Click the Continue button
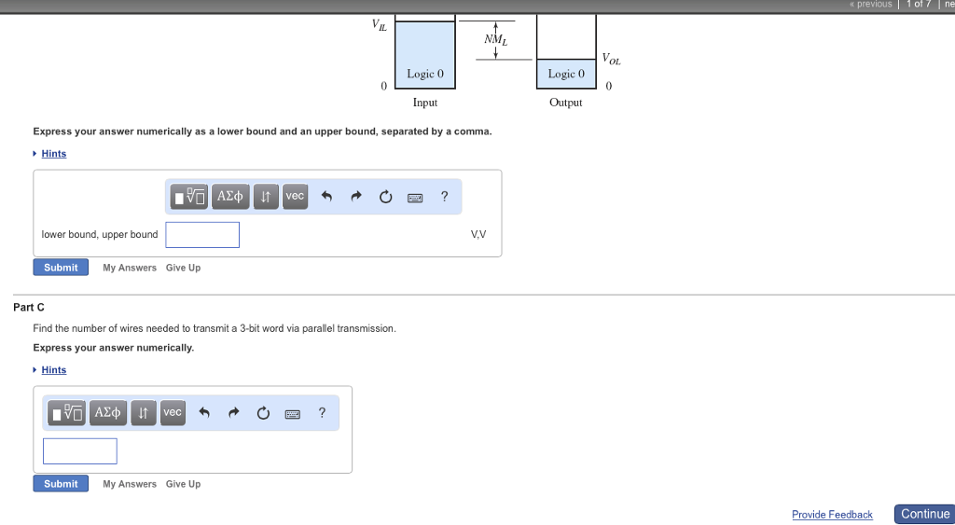[924, 514]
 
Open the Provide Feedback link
[832, 515]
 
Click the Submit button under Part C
[61, 484]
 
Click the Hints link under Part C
[54, 370]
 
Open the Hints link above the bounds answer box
[54, 154]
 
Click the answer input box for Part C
[80, 451]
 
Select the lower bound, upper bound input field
[202, 235]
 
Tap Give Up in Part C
[183, 484]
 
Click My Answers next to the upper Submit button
[130, 268]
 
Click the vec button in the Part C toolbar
[173, 412]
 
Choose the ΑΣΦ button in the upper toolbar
[230, 196]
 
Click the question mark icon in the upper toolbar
[444, 196]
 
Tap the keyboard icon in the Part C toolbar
[292, 413]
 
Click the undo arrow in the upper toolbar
[326, 197]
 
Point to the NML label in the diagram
[495, 39]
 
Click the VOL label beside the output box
[611, 60]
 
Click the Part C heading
[29, 307]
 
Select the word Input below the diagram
[425, 103]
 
